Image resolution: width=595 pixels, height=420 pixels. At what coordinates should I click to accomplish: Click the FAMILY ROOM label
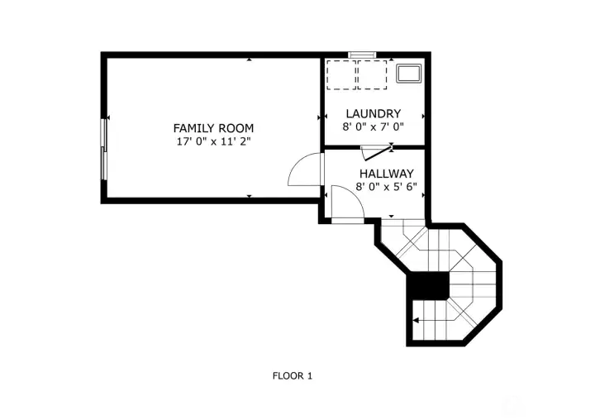pyautogui.click(x=212, y=128)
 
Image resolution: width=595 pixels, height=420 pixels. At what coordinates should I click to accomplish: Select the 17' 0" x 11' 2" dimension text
pyautogui.click(x=212, y=141)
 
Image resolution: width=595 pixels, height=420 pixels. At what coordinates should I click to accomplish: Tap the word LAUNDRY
pyautogui.click(x=374, y=114)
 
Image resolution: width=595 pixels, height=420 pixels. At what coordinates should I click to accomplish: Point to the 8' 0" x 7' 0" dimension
pyautogui.click(x=374, y=127)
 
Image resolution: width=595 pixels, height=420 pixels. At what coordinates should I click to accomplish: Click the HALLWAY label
pyautogui.click(x=386, y=174)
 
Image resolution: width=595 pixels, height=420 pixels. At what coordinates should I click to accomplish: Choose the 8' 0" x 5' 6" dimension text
pyautogui.click(x=386, y=187)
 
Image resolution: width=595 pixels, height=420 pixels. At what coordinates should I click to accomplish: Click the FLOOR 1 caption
pyautogui.click(x=293, y=375)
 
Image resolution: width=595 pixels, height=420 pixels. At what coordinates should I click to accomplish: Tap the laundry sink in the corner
pyautogui.click(x=409, y=73)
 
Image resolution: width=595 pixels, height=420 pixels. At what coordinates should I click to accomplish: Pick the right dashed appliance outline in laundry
pyautogui.click(x=372, y=74)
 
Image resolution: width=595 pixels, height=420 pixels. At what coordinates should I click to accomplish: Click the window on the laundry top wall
pyautogui.click(x=362, y=55)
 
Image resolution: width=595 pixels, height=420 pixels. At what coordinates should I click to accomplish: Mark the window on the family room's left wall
pyautogui.click(x=104, y=147)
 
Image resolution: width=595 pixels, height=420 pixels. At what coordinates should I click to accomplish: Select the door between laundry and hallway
pyautogui.click(x=377, y=151)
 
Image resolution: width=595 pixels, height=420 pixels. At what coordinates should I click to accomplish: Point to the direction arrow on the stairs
pyautogui.click(x=418, y=320)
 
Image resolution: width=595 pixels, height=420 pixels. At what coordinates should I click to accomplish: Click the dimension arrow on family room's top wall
pyautogui.click(x=250, y=60)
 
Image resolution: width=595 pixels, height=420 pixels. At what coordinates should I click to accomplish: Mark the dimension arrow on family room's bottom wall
pyautogui.click(x=250, y=195)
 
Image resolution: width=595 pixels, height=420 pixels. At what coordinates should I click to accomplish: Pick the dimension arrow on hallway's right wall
pyautogui.click(x=422, y=195)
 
